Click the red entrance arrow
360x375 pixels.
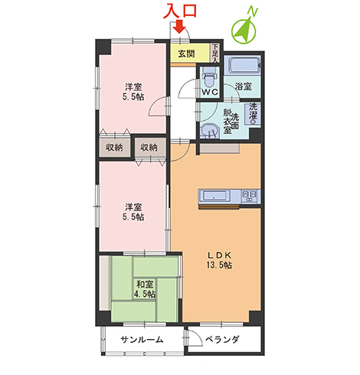pyautogui.click(x=180, y=27)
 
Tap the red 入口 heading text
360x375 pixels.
pyautogui.click(x=180, y=11)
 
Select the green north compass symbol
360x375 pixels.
pyautogui.click(x=244, y=29)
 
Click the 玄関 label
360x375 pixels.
pyautogui.click(x=186, y=54)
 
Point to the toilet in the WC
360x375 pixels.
pyautogui.click(x=209, y=77)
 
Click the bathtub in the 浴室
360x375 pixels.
pyautogui.click(x=243, y=65)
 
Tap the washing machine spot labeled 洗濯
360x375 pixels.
pyautogui.click(x=253, y=114)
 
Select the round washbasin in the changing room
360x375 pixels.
pyautogui.click(x=209, y=131)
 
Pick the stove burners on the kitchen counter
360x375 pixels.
pyautogui.click(x=249, y=196)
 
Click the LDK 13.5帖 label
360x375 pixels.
pyautogui.click(x=219, y=260)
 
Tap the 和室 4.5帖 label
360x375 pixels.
pyautogui.click(x=145, y=289)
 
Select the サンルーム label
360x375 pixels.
pyautogui.click(x=142, y=340)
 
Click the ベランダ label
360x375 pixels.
pyautogui.click(x=222, y=340)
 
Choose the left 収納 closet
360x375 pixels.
pyautogui.click(x=115, y=148)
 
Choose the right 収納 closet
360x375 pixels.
pyautogui.click(x=150, y=148)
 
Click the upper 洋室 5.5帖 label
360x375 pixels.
pyautogui.click(x=133, y=92)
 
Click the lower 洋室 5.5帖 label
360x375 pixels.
pyautogui.click(x=133, y=212)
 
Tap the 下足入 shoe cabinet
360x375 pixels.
pyautogui.click(x=215, y=53)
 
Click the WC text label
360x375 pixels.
pyautogui.click(x=210, y=92)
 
